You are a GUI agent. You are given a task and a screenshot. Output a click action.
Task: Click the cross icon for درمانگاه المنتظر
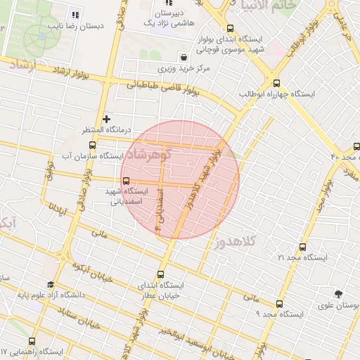click(x=106, y=119)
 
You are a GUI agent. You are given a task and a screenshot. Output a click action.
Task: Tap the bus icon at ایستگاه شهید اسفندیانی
click(x=126, y=180)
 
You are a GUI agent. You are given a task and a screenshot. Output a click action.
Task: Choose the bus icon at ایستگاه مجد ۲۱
click(x=302, y=247)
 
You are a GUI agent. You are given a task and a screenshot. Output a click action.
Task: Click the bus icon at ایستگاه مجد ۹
click(x=279, y=304)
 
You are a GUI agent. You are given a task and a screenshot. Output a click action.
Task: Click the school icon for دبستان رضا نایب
click(x=75, y=14)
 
